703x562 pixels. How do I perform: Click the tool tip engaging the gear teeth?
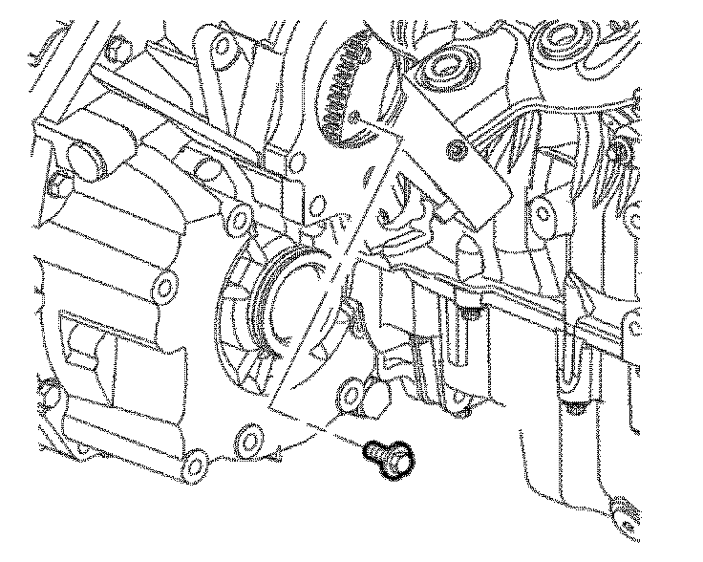pos(357,119)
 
